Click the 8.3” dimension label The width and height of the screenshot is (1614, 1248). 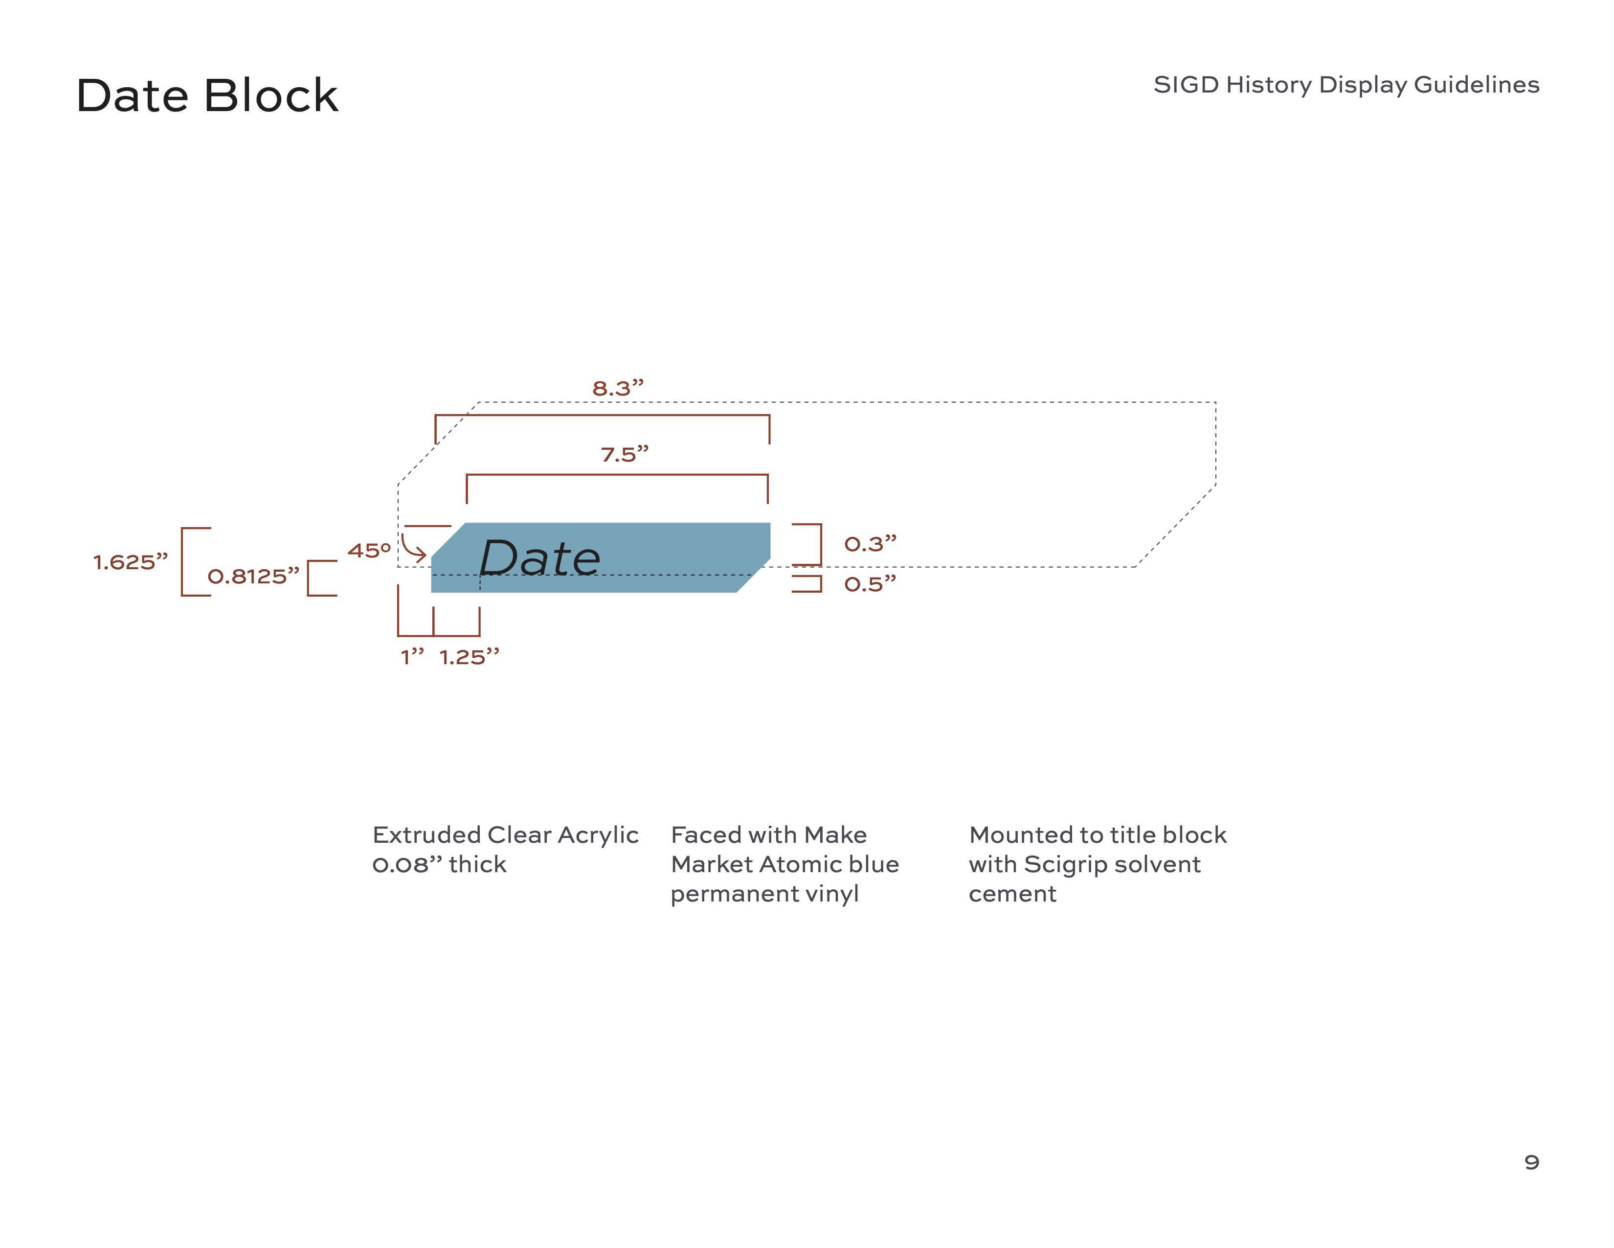[618, 388]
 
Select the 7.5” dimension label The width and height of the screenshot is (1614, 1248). [625, 454]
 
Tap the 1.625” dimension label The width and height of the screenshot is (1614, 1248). [131, 563]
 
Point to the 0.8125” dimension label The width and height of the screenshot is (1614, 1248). [253, 577]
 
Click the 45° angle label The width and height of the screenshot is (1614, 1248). [369, 551]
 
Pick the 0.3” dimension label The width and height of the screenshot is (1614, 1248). [870, 544]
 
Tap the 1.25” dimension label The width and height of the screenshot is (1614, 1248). [469, 657]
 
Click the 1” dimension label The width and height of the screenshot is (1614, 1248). [412, 657]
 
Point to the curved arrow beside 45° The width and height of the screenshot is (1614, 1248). [413, 548]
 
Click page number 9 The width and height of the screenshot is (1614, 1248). [1531, 1162]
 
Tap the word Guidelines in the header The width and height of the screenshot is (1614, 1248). [1477, 85]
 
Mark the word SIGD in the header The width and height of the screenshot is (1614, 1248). [1186, 85]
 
